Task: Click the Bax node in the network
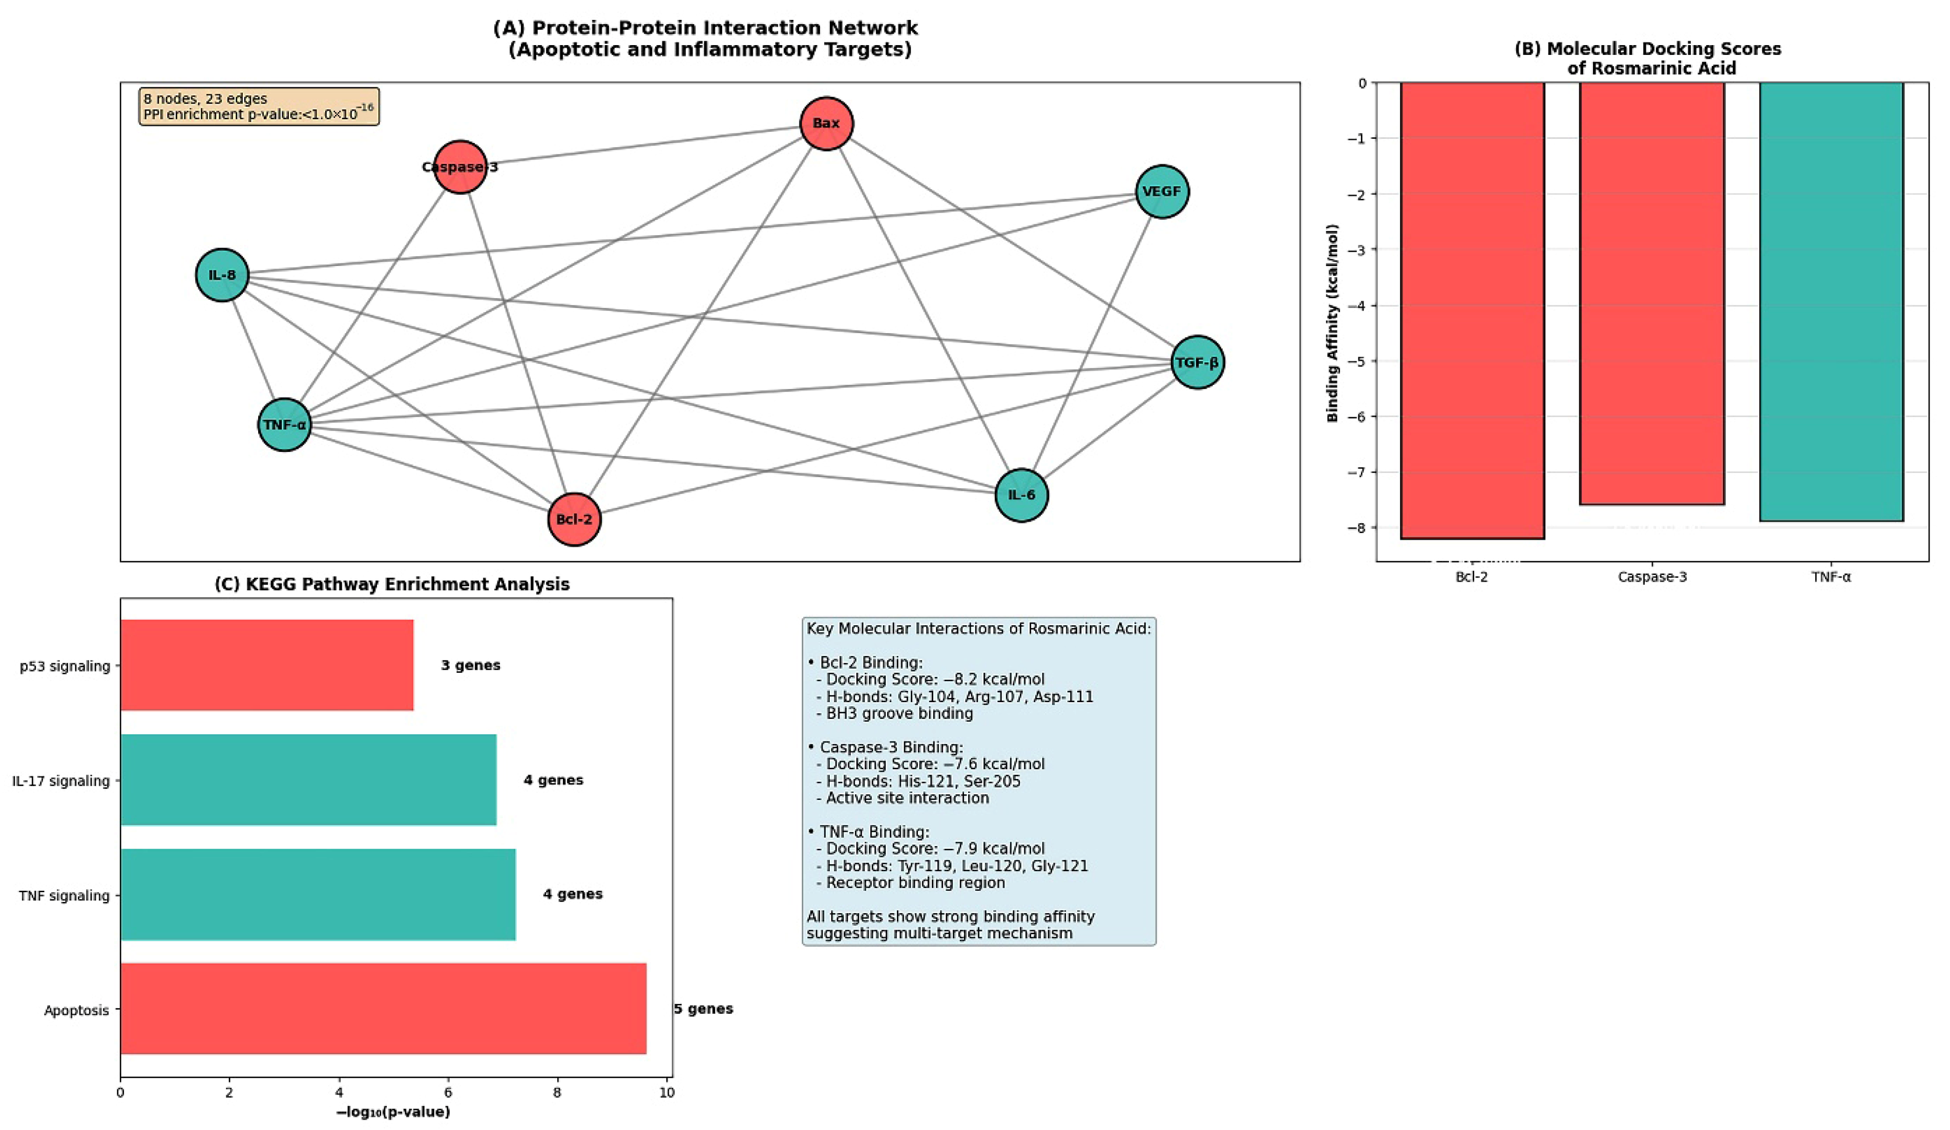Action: pos(826,123)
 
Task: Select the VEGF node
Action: pos(1162,191)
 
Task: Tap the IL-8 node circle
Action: pos(222,275)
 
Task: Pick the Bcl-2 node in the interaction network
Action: pos(574,519)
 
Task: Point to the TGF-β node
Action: pos(1197,362)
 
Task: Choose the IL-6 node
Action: pos(1021,495)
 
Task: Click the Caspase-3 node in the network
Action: pos(460,167)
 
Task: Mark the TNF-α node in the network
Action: pos(284,424)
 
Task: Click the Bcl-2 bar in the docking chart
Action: pos(1472,310)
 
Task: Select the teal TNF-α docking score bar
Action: pos(1831,302)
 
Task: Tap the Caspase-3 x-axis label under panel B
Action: pos(1652,577)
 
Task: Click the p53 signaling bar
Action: pos(267,665)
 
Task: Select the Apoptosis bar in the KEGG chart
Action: pos(383,1009)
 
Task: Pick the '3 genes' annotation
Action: pos(471,665)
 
